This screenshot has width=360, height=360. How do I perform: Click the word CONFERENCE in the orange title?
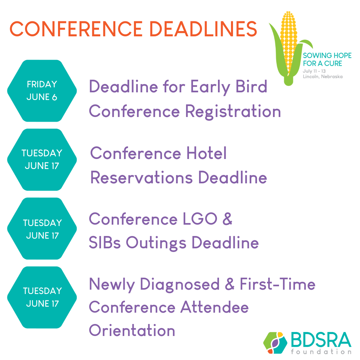(x=76, y=29)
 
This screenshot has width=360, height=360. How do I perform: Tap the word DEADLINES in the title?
(x=203, y=29)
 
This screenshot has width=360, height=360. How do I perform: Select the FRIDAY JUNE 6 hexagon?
(x=42, y=91)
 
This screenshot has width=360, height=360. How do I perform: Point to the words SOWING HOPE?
(x=327, y=56)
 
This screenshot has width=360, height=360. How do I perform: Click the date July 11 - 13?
(x=314, y=71)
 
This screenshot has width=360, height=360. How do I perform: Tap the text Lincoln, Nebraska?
(x=323, y=76)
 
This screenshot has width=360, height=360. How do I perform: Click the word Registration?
(x=233, y=112)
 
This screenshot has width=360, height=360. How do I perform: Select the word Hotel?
(x=206, y=153)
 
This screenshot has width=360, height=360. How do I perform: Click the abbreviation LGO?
(x=200, y=219)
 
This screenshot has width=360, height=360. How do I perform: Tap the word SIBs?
(x=105, y=242)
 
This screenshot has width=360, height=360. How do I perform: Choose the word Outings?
(x=156, y=243)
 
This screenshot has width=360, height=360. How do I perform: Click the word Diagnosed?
(x=180, y=285)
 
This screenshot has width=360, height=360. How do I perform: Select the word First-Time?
(x=278, y=284)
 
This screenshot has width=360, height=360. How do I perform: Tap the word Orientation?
(x=132, y=330)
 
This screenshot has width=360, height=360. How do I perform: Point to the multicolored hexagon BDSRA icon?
(x=275, y=343)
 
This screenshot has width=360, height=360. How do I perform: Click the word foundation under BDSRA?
(x=321, y=352)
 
